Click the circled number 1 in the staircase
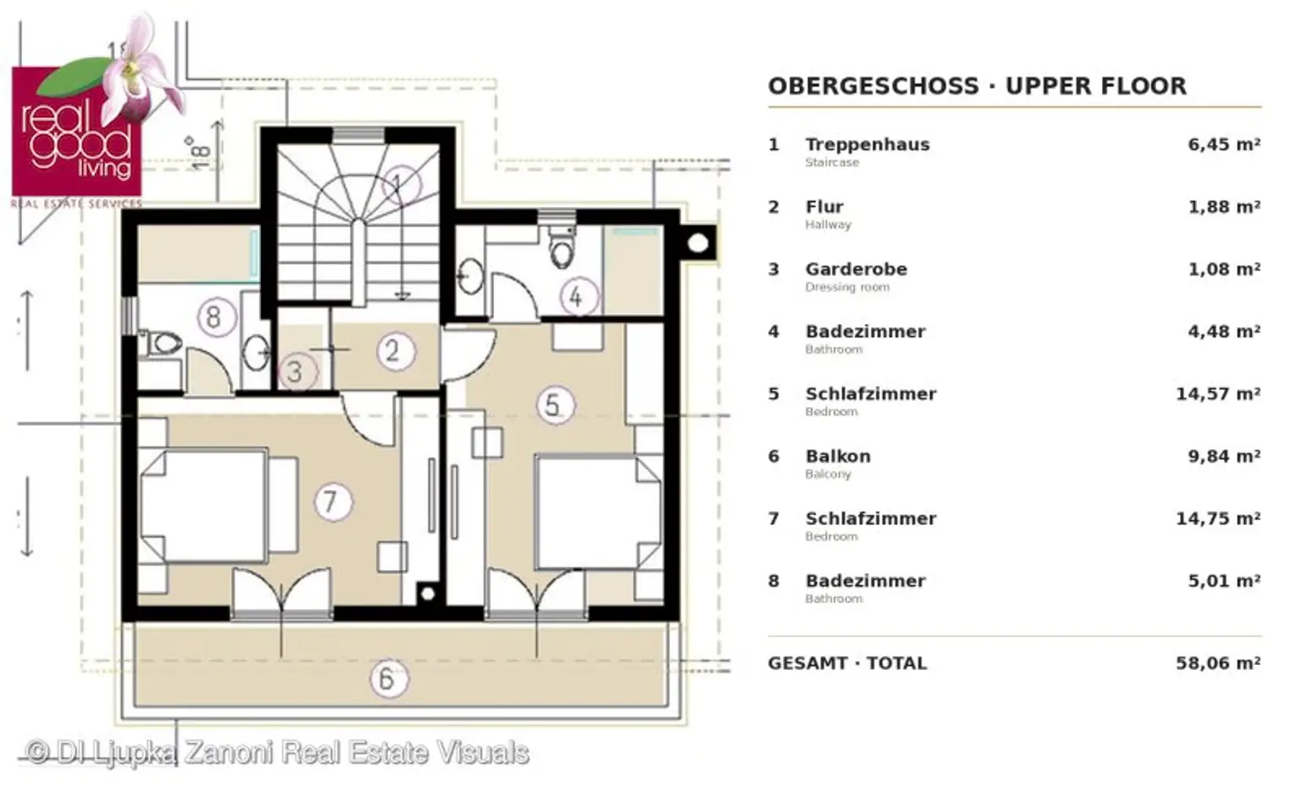[400, 185]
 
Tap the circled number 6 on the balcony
[389, 679]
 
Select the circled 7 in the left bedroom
[333, 501]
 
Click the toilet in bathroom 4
[561, 247]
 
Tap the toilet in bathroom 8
[161, 344]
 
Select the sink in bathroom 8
[254, 352]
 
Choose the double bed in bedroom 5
[598, 511]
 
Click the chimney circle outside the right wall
[698, 243]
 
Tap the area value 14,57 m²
[1218, 394]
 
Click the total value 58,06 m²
[1218, 663]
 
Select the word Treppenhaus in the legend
[867, 144]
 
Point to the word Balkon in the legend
[838, 456]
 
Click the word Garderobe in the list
[856, 269]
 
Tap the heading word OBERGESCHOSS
[874, 86]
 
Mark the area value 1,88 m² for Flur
[1224, 207]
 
